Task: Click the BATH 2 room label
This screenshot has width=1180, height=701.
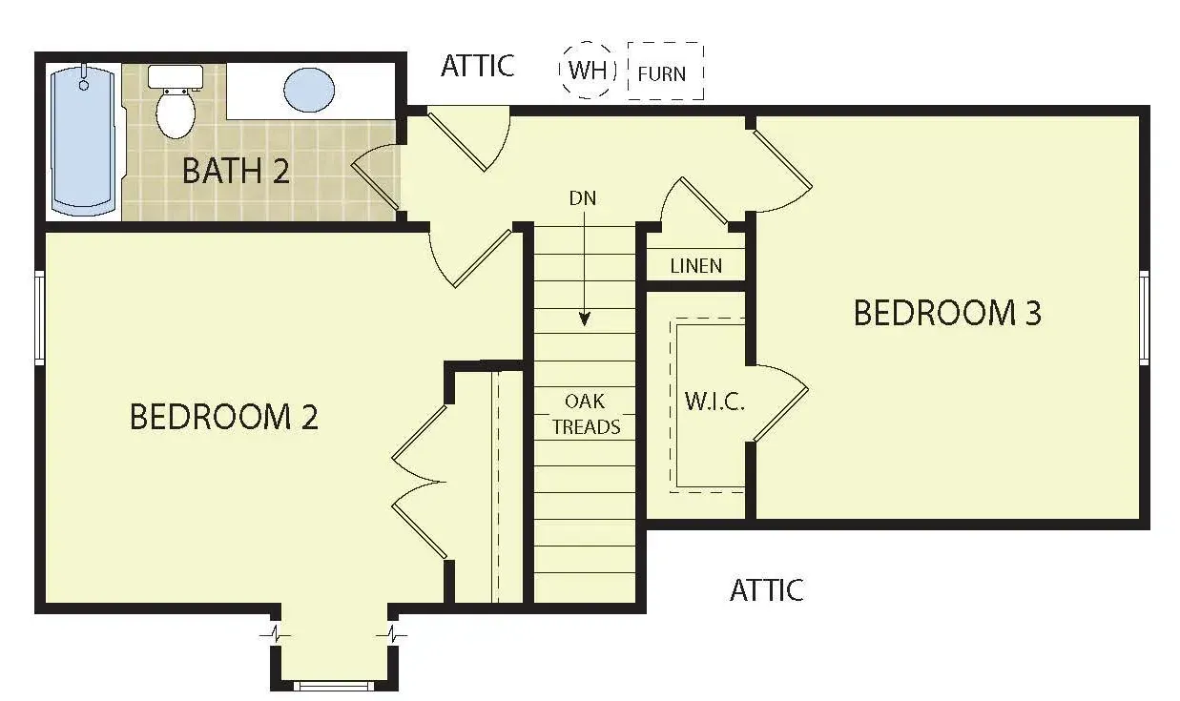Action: click(236, 171)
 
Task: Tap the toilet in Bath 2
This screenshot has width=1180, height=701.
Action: click(176, 102)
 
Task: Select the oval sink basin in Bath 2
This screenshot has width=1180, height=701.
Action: click(309, 90)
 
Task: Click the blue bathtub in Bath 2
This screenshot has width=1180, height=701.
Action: click(83, 142)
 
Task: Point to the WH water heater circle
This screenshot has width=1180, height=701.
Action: click(588, 70)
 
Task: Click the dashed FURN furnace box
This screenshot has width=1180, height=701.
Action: click(666, 72)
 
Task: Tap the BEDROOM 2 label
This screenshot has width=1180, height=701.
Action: click(224, 417)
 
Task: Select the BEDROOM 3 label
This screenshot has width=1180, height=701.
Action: click(947, 312)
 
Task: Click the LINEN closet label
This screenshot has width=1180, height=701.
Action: click(695, 266)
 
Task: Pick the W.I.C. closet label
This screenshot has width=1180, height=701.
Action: click(714, 402)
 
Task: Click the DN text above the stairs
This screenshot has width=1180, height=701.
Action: click(583, 198)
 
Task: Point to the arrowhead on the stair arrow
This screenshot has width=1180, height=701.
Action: click(584, 320)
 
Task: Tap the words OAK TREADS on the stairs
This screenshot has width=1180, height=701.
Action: click(586, 414)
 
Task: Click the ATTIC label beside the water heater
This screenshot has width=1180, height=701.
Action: click(477, 66)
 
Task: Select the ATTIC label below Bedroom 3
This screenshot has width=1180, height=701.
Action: click(767, 589)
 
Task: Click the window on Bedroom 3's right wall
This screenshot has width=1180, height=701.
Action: click(1144, 318)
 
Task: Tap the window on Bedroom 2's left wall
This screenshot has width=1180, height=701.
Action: click(39, 318)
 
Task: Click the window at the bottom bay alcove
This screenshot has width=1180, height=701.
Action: click(333, 686)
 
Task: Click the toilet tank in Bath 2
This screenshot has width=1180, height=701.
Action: click(176, 77)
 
